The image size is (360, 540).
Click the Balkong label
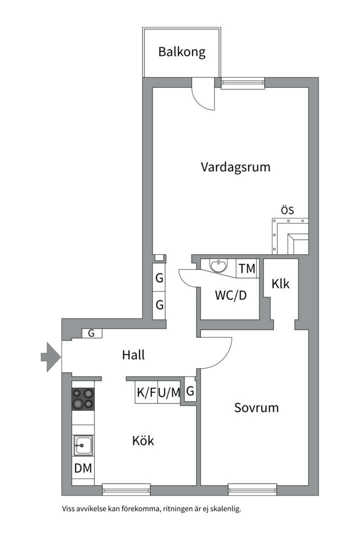coord(182,52)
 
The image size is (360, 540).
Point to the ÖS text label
coord(287,210)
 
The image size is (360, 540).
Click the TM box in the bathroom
coord(246,268)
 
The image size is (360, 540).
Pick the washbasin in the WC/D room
coord(218,265)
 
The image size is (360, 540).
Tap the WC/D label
coord(230,295)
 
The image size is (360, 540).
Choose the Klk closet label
coord(280,283)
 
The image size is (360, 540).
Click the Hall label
coord(133,355)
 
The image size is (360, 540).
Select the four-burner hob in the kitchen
coord(83,399)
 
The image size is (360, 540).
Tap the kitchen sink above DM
coord(83,444)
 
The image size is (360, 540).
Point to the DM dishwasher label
coord(83,469)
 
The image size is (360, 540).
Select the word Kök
coord(143,441)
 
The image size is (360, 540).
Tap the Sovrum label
coord(256,407)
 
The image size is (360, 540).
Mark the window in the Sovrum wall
coord(252,489)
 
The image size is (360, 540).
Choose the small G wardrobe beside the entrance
coord(91,333)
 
